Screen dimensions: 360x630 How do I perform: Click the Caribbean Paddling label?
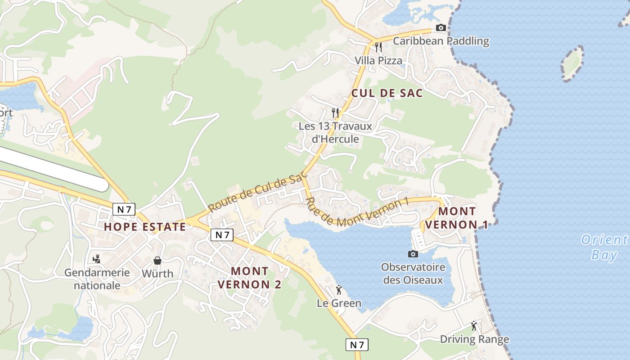tap(441, 41)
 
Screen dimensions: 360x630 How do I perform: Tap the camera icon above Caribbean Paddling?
tap(441, 28)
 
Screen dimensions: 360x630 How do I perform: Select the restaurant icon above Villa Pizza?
tap(378, 47)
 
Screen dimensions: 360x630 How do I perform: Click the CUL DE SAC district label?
tap(387, 93)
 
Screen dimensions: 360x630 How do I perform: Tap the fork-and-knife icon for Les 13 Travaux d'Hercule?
tap(335, 112)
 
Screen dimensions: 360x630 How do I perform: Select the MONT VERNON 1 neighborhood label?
tap(457, 218)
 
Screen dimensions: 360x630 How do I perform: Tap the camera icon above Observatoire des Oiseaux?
tap(413, 254)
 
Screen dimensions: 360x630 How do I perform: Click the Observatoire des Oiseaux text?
tap(413, 273)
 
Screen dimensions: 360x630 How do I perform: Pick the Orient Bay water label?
tap(604, 247)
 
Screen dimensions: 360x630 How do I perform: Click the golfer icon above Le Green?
tap(339, 290)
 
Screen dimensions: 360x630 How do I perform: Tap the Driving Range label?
tap(474, 339)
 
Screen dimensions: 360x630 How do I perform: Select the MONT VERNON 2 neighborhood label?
tap(250, 278)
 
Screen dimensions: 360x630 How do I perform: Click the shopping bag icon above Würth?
tap(157, 261)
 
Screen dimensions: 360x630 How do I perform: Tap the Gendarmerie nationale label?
tap(97, 279)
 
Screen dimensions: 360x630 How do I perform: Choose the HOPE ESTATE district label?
tap(144, 227)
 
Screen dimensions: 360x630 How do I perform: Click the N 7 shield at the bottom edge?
tap(357, 345)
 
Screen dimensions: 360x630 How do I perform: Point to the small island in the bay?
tap(572, 63)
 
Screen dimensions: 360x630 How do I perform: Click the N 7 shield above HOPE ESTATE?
tap(124, 209)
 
